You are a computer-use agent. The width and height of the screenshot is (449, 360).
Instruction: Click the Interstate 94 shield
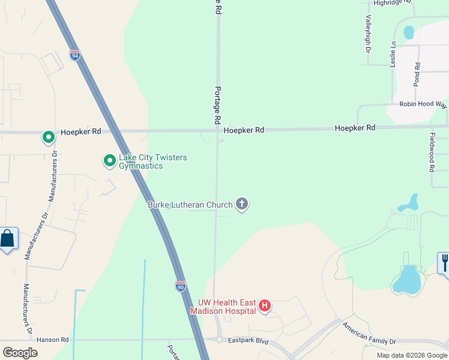pyautogui.click(x=75, y=55)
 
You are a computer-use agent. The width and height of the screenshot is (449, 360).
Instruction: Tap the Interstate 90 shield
pyautogui.click(x=181, y=286)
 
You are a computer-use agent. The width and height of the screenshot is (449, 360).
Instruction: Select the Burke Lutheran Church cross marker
pyautogui.click(x=242, y=205)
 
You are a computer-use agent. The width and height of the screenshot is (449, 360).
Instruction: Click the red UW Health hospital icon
pyautogui.click(x=264, y=307)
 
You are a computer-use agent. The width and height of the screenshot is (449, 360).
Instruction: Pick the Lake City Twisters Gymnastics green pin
pyautogui.click(x=109, y=161)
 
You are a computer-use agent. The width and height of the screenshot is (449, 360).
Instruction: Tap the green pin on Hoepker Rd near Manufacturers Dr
pyautogui.click(x=48, y=137)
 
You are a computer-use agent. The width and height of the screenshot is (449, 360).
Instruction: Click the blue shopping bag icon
pyautogui.click(x=8, y=239)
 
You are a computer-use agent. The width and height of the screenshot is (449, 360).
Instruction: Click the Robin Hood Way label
pyautogui.click(x=423, y=104)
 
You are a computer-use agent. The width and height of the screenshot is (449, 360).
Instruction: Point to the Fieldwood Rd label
pyautogui.click(x=432, y=152)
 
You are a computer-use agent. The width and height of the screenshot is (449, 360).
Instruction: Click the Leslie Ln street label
pyautogui.click(x=393, y=53)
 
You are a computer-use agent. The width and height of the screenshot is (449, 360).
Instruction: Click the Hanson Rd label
pyautogui.click(x=53, y=340)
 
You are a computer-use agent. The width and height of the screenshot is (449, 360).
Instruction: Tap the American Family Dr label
pyautogui.click(x=370, y=334)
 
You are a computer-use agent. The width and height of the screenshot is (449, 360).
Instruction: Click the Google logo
pyautogui.click(x=20, y=352)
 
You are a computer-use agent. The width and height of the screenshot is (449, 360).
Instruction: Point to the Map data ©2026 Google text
pyautogui.click(x=411, y=355)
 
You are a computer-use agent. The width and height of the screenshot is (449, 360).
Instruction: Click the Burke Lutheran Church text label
pyautogui.click(x=190, y=205)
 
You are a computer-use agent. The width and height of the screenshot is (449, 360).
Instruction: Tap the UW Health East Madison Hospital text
pyautogui.click(x=222, y=307)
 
